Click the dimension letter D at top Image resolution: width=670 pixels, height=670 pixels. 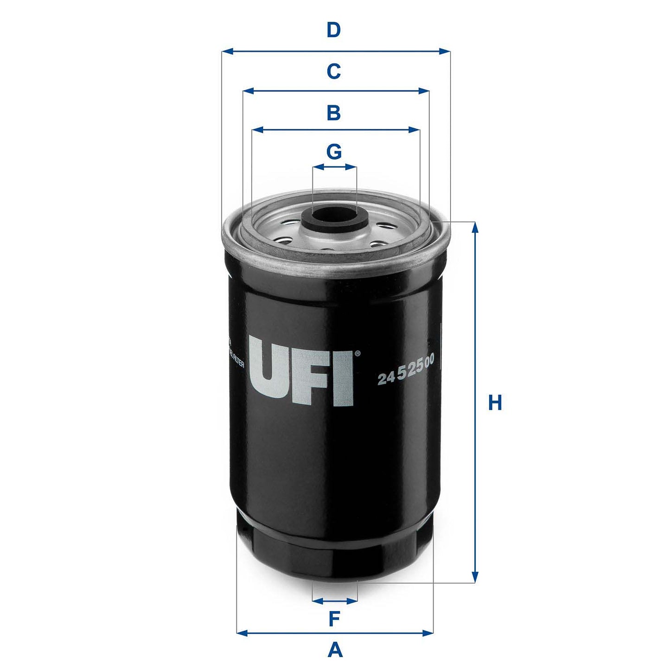(x=333, y=31)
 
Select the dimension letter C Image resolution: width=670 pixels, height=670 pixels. (x=333, y=72)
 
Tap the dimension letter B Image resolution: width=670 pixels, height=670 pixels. (x=333, y=113)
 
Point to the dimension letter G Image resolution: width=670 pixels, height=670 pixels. (x=334, y=152)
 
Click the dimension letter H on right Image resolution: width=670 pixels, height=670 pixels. (x=495, y=403)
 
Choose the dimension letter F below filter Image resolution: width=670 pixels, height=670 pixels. (x=334, y=619)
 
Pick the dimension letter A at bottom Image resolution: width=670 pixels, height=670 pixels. (x=335, y=650)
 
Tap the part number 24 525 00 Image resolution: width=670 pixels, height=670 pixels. (x=406, y=372)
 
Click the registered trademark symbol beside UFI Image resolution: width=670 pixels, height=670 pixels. (x=357, y=354)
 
